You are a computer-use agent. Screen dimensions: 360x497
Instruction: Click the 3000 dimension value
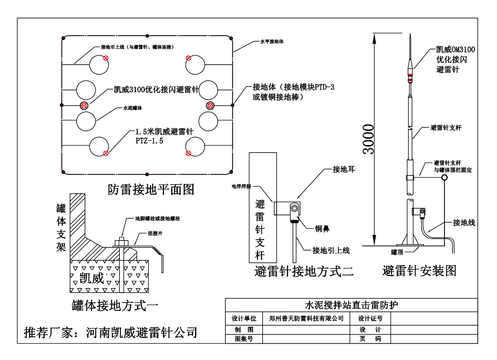point(369,139)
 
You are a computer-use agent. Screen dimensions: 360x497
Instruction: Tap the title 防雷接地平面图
point(151,189)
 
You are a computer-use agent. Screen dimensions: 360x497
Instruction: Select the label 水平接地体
point(272,41)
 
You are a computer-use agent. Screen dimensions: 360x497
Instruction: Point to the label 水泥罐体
point(133,108)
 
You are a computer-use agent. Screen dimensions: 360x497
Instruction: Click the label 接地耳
point(343,169)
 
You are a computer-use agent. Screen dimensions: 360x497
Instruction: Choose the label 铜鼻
point(322,229)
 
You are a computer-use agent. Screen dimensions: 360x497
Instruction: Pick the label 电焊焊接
point(241,186)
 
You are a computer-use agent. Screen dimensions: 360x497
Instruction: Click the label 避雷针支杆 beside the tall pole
point(446,128)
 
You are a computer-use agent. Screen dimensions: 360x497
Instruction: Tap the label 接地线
point(464,223)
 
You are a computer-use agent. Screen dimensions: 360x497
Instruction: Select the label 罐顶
point(397,252)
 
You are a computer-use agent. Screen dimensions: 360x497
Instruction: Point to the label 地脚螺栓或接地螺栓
point(157,218)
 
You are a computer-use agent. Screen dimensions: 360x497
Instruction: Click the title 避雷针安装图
point(419,271)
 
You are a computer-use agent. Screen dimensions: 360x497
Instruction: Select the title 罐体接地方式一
point(115,306)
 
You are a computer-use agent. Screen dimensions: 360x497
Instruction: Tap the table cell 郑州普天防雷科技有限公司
point(306,319)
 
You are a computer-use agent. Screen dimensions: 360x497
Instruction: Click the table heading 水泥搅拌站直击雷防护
point(351,305)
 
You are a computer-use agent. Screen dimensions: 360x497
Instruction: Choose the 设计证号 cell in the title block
point(370,319)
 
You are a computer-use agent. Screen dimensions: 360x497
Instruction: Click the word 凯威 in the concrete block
point(92,278)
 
